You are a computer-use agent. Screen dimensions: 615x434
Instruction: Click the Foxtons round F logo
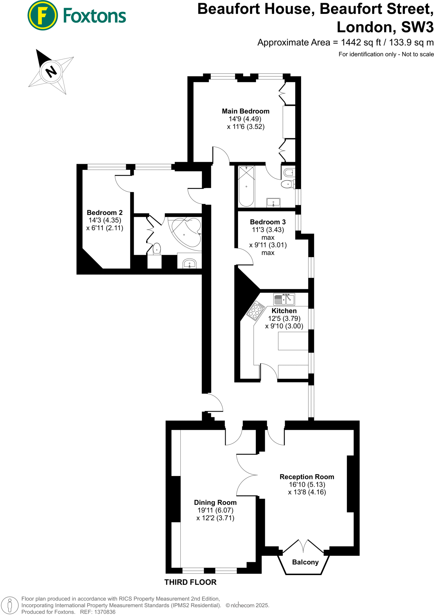click(43, 16)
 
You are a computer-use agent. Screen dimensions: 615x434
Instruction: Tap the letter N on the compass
click(51, 72)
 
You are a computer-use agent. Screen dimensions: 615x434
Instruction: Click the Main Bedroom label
click(246, 111)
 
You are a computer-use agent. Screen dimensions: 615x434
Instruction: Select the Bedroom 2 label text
click(104, 213)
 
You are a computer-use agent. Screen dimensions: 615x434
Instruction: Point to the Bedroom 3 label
click(268, 222)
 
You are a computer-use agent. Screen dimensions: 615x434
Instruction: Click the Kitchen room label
click(284, 311)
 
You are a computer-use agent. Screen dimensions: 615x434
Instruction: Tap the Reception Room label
click(307, 477)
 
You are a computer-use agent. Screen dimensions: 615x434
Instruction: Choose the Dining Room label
click(215, 503)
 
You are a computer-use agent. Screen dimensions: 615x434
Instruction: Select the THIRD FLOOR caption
click(190, 582)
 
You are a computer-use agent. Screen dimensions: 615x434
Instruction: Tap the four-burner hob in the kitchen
click(256, 310)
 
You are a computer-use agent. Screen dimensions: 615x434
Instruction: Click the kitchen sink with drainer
click(284, 299)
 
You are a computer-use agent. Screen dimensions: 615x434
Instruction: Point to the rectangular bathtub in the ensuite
click(246, 186)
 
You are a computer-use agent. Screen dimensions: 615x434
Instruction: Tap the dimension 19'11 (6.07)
click(215, 510)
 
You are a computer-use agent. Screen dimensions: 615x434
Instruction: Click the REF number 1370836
click(105, 612)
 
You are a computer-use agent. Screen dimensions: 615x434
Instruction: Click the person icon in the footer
click(10, 605)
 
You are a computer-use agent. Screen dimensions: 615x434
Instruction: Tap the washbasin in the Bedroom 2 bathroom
click(189, 263)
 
